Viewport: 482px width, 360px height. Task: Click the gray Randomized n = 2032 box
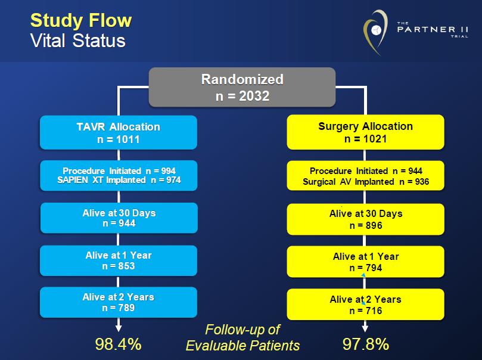(x=242, y=87)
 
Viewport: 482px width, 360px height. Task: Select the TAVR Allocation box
(x=119, y=132)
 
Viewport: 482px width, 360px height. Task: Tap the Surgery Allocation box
(x=365, y=132)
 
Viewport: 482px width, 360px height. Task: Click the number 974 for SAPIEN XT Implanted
(x=173, y=180)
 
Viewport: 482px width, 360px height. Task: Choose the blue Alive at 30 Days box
(x=119, y=218)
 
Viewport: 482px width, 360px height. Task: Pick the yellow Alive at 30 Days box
(x=365, y=219)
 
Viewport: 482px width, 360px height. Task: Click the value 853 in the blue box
(x=126, y=266)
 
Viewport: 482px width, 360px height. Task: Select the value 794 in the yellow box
(x=374, y=268)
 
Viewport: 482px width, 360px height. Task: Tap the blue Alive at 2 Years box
(x=119, y=302)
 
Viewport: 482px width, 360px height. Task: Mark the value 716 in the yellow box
(x=374, y=311)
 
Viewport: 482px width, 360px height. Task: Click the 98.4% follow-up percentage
(x=119, y=344)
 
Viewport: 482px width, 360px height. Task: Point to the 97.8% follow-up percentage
(x=366, y=344)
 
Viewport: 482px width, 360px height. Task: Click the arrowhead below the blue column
(x=119, y=328)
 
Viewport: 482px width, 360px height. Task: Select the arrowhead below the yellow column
(x=365, y=328)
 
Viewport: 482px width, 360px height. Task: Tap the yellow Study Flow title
(x=81, y=21)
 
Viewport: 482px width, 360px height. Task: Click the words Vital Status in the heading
(x=78, y=41)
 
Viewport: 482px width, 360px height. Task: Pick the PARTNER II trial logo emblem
(x=375, y=32)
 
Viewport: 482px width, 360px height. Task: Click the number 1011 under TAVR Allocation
(x=128, y=139)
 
